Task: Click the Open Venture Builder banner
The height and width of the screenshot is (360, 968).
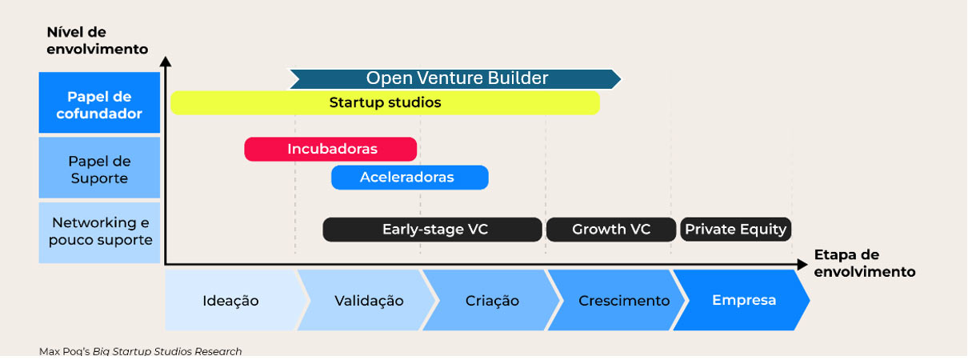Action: pos(456,78)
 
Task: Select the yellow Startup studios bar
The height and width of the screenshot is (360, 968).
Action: pos(385,102)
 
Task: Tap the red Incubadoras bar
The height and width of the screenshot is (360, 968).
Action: pos(331,149)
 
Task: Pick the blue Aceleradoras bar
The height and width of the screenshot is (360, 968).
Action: pos(410,178)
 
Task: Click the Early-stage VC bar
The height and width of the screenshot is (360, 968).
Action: pos(433,230)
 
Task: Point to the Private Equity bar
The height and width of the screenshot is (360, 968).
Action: pos(736,230)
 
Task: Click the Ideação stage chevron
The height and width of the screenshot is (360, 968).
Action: pos(232,301)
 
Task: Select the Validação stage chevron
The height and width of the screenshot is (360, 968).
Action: pos(368,301)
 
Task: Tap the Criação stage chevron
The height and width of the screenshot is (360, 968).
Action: pos(492,301)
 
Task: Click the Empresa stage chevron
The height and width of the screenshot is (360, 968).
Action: pos(744,301)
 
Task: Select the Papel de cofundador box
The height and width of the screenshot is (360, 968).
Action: pos(99,102)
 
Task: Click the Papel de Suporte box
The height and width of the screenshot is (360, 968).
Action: pos(99,168)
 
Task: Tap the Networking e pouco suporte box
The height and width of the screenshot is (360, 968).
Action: pos(99,232)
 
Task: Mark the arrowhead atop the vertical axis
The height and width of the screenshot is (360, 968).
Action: pos(165,61)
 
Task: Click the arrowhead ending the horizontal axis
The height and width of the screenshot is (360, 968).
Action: pos(802,264)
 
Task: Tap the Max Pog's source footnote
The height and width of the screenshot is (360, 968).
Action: pos(140,351)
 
